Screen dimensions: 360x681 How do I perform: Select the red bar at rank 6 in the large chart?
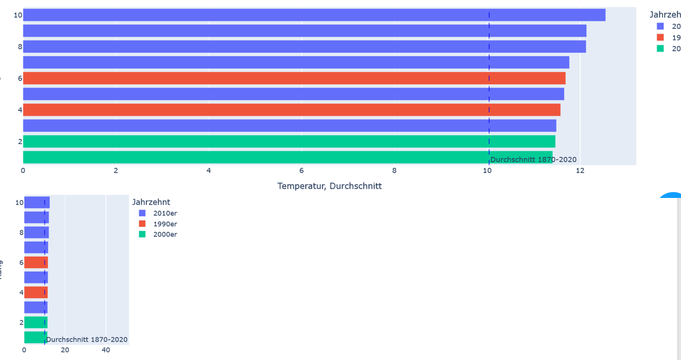coord(294,78)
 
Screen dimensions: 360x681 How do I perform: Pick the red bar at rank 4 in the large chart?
coord(291,109)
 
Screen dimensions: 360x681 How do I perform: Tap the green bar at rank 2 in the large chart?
coord(289,141)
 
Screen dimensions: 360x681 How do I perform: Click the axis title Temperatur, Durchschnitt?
coord(329,186)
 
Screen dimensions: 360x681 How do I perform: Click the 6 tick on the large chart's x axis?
coord(301,171)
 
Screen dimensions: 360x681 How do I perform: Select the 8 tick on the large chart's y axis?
coord(20,47)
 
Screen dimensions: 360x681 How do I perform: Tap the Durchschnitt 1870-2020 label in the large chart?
coord(533,160)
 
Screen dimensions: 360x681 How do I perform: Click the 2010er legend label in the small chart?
coord(165,213)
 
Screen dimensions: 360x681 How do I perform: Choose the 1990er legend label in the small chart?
coord(165,224)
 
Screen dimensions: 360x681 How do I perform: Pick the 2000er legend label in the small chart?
coord(165,234)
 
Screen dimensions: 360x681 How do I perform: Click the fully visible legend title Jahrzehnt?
coord(151,202)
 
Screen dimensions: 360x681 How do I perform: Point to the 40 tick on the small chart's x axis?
coord(105,350)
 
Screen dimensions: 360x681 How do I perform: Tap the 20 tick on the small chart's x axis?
coord(65,350)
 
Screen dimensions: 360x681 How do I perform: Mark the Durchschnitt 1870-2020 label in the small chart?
coord(87,339)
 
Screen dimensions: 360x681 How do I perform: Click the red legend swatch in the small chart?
coord(142,224)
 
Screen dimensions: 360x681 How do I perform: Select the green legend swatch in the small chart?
coord(142,234)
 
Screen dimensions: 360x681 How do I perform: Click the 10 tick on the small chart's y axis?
coord(20,203)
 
